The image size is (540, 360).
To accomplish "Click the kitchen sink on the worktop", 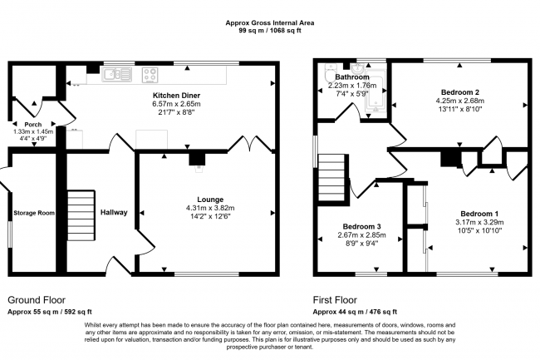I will click(x=114, y=75).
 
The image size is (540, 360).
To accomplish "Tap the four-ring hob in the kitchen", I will click(x=150, y=75).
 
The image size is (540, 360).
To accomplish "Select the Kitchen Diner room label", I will click(x=175, y=96).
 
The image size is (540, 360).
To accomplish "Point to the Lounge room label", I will click(x=209, y=199).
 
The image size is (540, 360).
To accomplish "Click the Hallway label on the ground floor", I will click(x=114, y=213).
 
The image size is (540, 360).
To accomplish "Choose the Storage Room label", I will click(x=34, y=213).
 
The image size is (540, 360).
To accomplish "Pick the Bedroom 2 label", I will click(x=459, y=91).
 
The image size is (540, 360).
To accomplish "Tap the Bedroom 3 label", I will click(x=361, y=226).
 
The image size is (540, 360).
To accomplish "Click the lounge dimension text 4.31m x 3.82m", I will click(x=209, y=208).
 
